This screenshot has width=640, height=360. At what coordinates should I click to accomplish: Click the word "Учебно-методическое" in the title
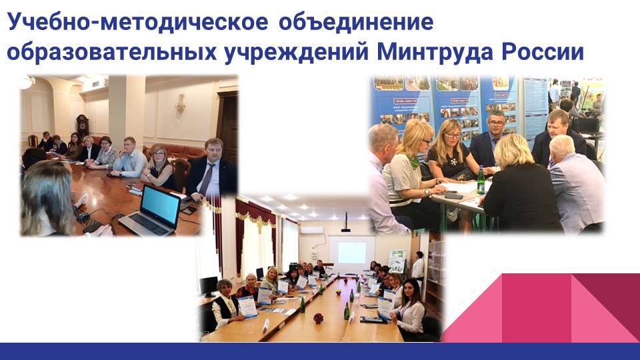coord(137,22)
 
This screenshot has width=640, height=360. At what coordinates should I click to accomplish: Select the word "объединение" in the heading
coord(356,22)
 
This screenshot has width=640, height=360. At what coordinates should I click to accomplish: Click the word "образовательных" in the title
coord(112,52)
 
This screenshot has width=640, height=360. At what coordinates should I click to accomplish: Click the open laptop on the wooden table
coord(151,211)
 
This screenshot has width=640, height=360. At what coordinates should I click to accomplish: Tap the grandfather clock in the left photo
coord(83,127)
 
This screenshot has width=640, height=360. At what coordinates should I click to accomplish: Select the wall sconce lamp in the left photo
coord(180,103)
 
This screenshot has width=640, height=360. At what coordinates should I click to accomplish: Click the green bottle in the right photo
coord(481,180)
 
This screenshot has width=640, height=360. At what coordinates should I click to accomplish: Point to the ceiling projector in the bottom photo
coord(346,223)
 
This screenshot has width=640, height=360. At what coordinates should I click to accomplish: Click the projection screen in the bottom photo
coord(352,253)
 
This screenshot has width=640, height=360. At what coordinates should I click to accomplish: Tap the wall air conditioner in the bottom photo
coord(312,230)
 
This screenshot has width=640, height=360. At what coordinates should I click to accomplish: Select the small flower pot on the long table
coord(319,318)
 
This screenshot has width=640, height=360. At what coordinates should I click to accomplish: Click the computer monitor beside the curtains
coord(209,286)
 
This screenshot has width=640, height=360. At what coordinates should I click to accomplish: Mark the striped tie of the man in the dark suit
coord(206,179)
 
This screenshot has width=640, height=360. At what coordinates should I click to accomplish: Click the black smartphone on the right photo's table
coord(453,197)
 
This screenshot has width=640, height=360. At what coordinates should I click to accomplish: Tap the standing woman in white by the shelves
coord(418,267)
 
